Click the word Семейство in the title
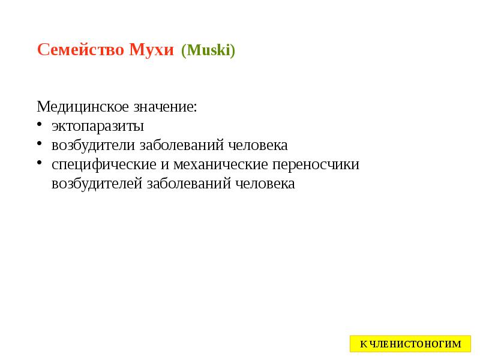[80, 50]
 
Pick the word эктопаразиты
[98, 127]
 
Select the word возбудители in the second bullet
[94, 146]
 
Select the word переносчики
[316, 165]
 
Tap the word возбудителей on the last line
[97, 184]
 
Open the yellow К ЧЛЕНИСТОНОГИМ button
[410, 344]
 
